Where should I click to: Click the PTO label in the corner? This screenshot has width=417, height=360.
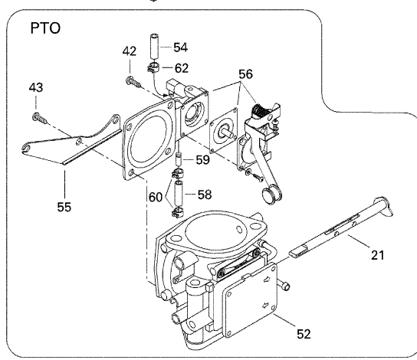(45, 28)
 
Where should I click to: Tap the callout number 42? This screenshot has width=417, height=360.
(130, 51)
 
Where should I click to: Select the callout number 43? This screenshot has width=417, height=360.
(36, 87)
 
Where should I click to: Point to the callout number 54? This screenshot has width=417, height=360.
(181, 47)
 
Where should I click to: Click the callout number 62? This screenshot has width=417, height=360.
(182, 68)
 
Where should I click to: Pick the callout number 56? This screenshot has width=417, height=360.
(245, 74)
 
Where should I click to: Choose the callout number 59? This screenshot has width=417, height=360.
(203, 159)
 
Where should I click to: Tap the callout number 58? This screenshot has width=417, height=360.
(205, 195)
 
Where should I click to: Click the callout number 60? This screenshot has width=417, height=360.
(156, 198)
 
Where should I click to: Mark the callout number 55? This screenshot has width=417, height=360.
(64, 207)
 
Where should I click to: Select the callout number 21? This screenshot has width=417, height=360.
(378, 255)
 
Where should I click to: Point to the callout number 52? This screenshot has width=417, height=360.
(304, 334)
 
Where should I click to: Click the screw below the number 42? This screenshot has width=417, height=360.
(133, 82)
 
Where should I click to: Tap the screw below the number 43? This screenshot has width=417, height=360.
(40, 118)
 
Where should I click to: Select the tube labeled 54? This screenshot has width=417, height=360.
(155, 47)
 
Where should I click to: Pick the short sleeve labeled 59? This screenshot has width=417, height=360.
(178, 159)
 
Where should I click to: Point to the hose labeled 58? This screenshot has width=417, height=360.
(178, 193)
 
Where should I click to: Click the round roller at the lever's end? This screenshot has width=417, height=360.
(271, 195)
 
